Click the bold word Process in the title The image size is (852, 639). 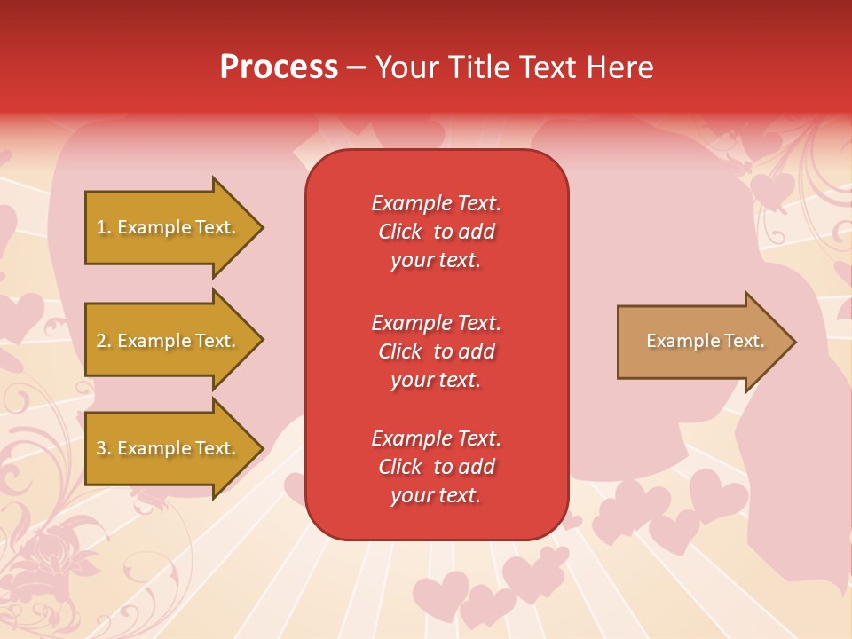(279, 67)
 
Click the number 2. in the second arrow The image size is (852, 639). (103, 341)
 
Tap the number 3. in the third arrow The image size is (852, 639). (103, 448)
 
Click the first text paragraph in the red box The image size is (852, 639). (436, 232)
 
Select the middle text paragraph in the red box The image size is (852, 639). (436, 351)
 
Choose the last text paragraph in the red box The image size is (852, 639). (436, 467)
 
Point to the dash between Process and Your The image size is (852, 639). (357, 67)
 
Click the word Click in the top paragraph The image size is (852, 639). (400, 232)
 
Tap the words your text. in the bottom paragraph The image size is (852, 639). (436, 495)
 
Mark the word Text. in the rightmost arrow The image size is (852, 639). (743, 341)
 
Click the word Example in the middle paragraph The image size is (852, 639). (411, 322)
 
